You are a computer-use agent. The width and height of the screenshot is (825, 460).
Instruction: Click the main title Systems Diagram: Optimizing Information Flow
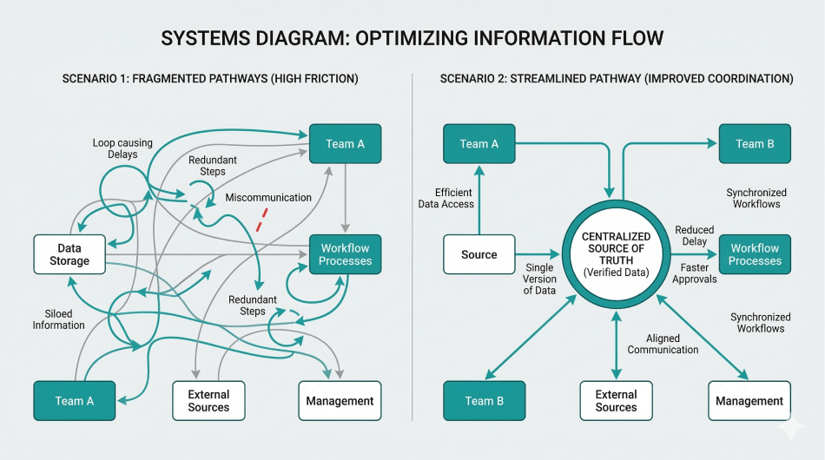click(x=412, y=39)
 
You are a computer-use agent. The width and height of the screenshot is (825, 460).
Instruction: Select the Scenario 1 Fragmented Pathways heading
click(x=210, y=79)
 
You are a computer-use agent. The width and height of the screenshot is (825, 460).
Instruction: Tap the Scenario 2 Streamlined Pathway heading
click(x=617, y=79)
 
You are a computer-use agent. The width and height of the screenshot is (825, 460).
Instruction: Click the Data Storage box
click(x=69, y=254)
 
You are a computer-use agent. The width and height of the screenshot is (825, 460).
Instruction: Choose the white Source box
click(x=478, y=254)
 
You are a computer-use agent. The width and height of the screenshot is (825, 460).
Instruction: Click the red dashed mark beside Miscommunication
click(x=261, y=219)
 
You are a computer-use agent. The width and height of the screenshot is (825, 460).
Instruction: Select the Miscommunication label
click(x=268, y=198)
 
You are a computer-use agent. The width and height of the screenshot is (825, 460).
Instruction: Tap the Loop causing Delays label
click(x=121, y=148)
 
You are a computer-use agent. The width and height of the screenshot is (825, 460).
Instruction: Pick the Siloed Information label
click(x=59, y=319)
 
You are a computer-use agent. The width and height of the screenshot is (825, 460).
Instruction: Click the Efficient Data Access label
click(x=449, y=198)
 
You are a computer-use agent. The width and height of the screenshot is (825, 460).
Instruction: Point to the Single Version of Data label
click(x=539, y=279)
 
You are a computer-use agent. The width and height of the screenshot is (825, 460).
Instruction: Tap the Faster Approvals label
click(x=694, y=274)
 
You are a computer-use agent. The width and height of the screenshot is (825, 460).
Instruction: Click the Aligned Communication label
click(x=663, y=344)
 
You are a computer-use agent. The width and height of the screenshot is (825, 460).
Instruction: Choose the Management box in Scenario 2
click(x=749, y=401)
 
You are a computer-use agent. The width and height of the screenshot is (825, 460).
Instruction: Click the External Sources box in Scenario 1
click(x=208, y=401)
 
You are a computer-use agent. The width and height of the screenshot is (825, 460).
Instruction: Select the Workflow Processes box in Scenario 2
click(x=755, y=254)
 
